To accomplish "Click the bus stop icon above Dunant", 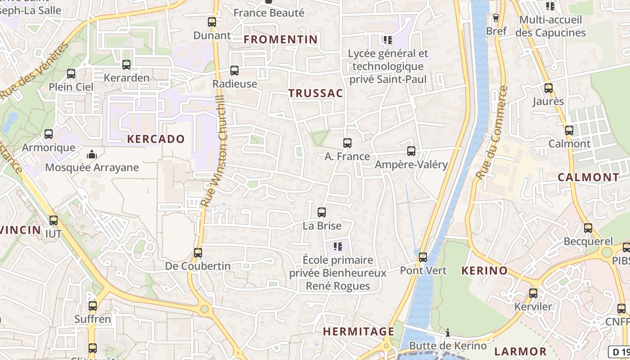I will pyautogui.click(x=212, y=22).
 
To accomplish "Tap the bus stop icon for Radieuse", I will pyautogui.click(x=234, y=71).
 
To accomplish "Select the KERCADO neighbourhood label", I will pyautogui.click(x=156, y=139).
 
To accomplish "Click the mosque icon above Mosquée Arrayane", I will pyautogui.click(x=92, y=155).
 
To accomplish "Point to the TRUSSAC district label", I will pyautogui.click(x=315, y=94).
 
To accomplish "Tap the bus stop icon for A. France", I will pyautogui.click(x=347, y=143).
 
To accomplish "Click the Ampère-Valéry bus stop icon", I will pyautogui.click(x=411, y=151).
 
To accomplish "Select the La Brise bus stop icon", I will pyautogui.click(x=322, y=212).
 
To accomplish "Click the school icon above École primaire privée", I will pyautogui.click(x=338, y=247).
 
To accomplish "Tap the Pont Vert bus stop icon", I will pyautogui.click(x=423, y=257).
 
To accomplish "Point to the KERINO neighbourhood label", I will pyautogui.click(x=485, y=271).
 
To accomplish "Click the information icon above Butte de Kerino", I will pyautogui.click(x=448, y=333).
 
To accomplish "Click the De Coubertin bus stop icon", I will pyautogui.click(x=198, y=253).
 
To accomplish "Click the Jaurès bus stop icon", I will pyautogui.click(x=549, y=88).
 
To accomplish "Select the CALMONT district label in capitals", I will pyautogui.click(x=589, y=177).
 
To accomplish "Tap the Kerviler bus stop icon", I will pyautogui.click(x=533, y=293).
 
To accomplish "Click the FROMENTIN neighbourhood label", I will pyautogui.click(x=281, y=40).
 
